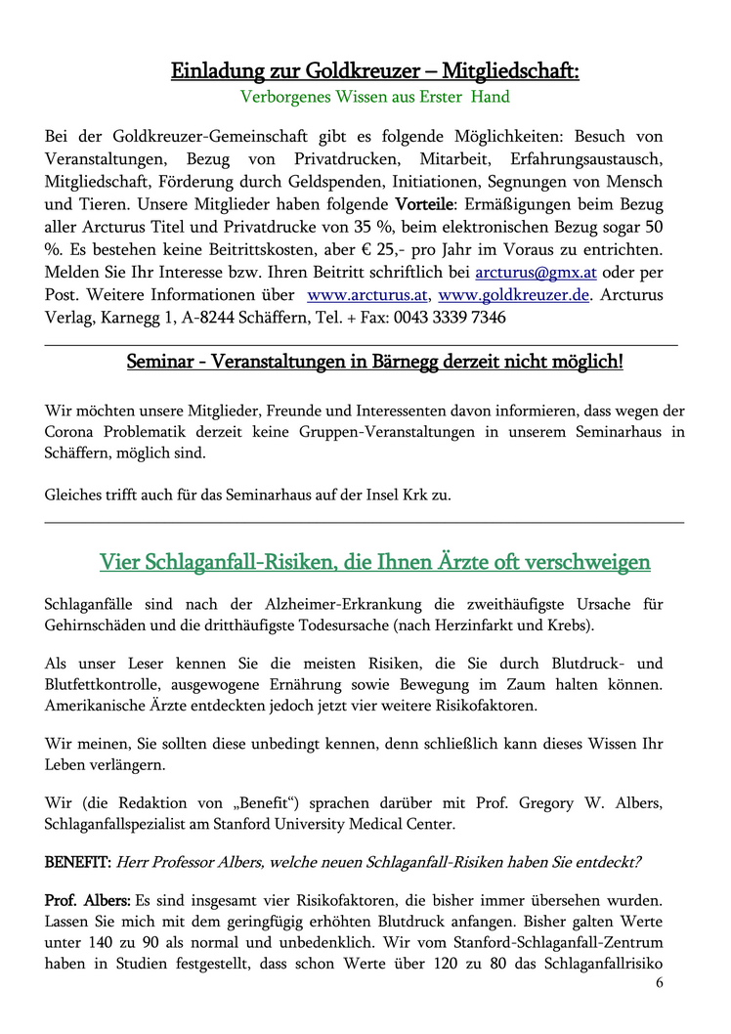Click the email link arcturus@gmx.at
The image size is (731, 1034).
pos(529,271)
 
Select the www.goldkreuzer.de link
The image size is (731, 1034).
pos(514,294)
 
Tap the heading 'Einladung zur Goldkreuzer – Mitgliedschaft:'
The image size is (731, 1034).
pos(375,70)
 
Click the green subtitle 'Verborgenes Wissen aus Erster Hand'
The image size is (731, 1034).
pos(375,97)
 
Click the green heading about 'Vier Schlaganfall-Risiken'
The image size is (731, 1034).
pos(375,562)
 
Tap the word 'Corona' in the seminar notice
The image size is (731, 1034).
pos(70,432)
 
